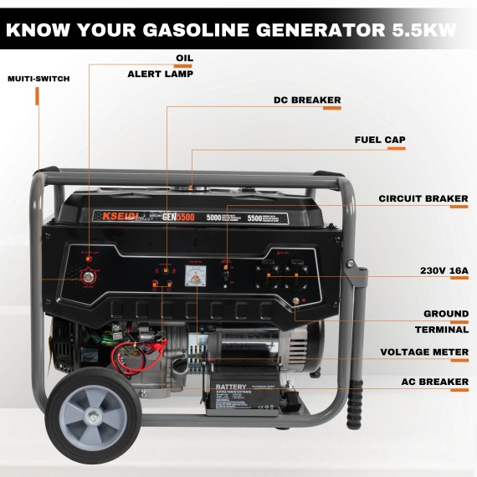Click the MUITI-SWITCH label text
[x=38, y=79]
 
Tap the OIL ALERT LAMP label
[x=161, y=66]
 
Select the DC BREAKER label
[x=307, y=100]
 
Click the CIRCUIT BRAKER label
[x=423, y=199]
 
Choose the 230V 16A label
[x=443, y=271]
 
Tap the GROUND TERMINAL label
[x=445, y=322]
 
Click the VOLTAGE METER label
[x=424, y=352]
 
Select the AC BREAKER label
[x=435, y=382]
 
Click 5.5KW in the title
[x=424, y=30]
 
